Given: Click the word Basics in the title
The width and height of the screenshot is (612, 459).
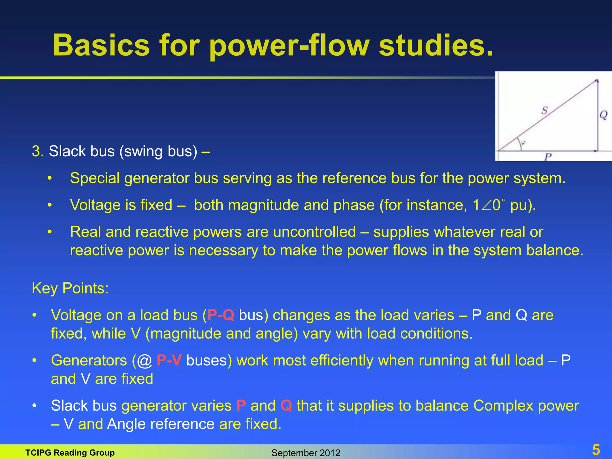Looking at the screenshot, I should (x=101, y=45).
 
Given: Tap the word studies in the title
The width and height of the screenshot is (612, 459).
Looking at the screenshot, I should (x=436, y=45).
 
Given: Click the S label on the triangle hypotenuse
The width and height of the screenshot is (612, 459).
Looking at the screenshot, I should (x=544, y=110).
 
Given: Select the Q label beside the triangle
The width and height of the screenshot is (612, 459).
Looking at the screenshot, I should (x=603, y=115).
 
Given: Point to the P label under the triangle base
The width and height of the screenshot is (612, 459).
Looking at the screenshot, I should (x=548, y=156).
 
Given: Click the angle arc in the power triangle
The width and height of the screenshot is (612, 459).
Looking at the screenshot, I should (x=521, y=144).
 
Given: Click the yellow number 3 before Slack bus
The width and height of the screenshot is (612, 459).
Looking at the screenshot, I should (x=36, y=151).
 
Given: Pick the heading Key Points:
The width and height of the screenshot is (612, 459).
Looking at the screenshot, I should (x=70, y=288).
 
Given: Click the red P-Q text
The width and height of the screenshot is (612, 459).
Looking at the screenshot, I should (x=221, y=315).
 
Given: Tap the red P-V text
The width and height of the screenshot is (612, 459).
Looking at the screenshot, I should (x=169, y=360).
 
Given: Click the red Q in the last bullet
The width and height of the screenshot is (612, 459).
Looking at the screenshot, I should (x=286, y=406).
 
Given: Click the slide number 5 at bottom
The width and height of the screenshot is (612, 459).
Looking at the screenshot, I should (x=596, y=450).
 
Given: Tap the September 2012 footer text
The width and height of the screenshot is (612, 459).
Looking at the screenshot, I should (x=306, y=453).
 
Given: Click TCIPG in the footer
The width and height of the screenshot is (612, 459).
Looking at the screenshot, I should (x=38, y=453).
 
